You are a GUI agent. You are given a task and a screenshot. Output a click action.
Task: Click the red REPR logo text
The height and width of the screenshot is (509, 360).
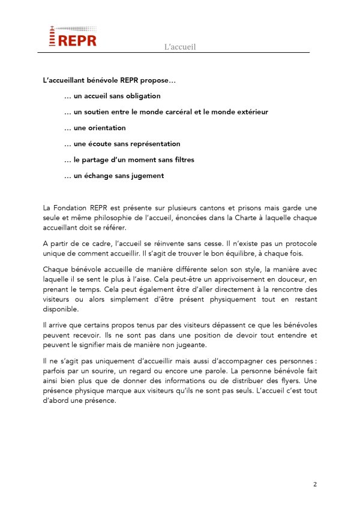(x=77, y=40)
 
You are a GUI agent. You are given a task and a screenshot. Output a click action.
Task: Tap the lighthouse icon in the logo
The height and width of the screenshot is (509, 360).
(x=52, y=37)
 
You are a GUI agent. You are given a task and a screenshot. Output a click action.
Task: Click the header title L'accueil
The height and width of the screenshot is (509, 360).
(x=180, y=47)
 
